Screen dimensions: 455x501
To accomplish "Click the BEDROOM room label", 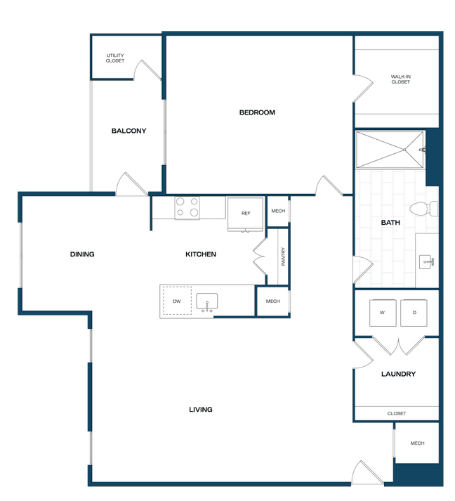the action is [x=257, y=112].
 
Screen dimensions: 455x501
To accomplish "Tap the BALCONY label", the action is [x=128, y=131].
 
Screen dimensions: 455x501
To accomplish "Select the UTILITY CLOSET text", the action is [x=115, y=58].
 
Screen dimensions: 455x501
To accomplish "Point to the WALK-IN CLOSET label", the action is [x=400, y=79].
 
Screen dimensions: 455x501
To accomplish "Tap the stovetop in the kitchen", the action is [x=187, y=208].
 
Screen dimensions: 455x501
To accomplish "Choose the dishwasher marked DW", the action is [x=177, y=301].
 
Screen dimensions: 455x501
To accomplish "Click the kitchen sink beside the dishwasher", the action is [x=207, y=302].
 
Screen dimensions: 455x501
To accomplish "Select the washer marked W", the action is [x=383, y=313].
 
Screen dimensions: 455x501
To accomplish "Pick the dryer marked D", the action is [x=414, y=313].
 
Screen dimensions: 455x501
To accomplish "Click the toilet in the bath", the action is [x=423, y=209].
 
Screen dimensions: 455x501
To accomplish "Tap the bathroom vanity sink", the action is [x=426, y=262].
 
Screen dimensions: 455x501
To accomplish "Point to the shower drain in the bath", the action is [x=404, y=150].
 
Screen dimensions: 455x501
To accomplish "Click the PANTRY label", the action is [x=283, y=256].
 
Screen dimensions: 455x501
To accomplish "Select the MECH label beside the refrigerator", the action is [x=278, y=211].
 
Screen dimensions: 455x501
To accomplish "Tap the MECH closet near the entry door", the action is [x=417, y=443].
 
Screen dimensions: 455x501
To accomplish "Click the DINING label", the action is [x=82, y=254].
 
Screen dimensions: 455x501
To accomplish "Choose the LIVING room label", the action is [x=201, y=410].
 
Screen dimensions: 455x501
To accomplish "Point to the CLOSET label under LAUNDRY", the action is [x=397, y=413].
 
